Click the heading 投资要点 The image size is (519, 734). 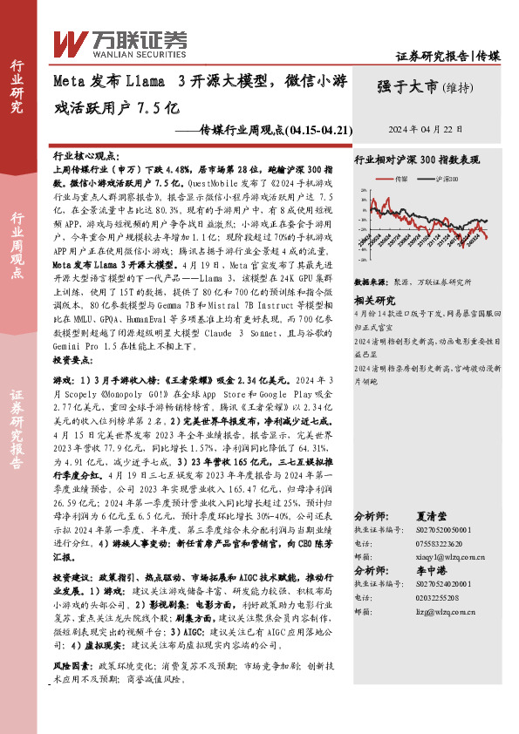(71, 359)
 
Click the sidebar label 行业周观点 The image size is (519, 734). (17, 246)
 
